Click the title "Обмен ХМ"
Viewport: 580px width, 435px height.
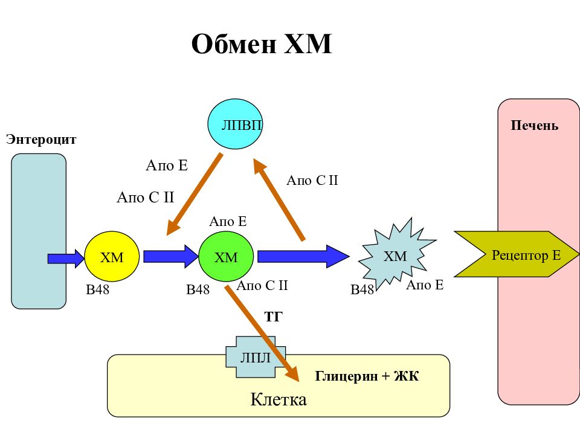click(x=262, y=44)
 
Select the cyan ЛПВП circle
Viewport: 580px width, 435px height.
click(x=235, y=124)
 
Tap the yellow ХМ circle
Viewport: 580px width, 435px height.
click(x=112, y=256)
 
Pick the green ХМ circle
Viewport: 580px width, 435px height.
click(x=226, y=256)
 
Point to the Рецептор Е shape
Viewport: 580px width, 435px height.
click(x=517, y=254)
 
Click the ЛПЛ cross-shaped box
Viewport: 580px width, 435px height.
click(x=256, y=357)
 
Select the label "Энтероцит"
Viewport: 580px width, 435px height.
click(x=41, y=140)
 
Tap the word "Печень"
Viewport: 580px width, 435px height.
click(x=535, y=126)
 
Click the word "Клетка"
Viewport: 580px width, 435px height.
click(x=279, y=399)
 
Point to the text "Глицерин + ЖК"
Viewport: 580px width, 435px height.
click(x=367, y=376)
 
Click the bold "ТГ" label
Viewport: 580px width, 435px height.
click(x=273, y=317)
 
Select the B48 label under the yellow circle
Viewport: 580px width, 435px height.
click(x=98, y=289)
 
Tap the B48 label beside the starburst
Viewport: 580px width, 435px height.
click(x=362, y=289)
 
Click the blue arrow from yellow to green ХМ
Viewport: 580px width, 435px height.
click(x=171, y=256)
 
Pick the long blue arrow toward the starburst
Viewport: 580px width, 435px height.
click(x=303, y=256)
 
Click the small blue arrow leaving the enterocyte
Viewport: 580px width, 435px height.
click(x=66, y=258)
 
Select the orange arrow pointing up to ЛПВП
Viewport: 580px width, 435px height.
click(x=279, y=200)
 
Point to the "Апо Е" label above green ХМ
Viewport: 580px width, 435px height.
click(x=228, y=222)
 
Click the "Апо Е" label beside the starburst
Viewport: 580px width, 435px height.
click(x=425, y=285)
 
